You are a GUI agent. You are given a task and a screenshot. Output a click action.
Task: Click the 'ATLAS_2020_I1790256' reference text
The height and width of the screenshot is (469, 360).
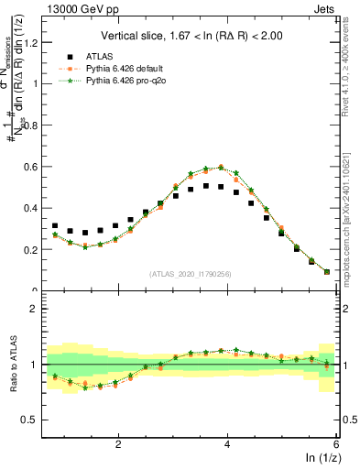pyautogui.click(x=189, y=273)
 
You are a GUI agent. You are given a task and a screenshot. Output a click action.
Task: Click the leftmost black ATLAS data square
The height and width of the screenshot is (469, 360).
pyautogui.click(x=55, y=226)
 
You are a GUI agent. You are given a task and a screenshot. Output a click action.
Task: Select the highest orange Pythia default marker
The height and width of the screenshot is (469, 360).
pyautogui.click(x=221, y=168)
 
